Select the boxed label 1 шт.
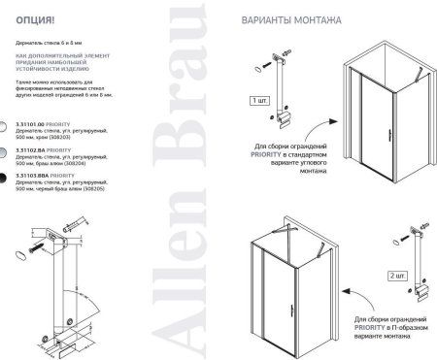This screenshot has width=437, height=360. [x=258, y=99]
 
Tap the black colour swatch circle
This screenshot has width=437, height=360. [x=7, y=178]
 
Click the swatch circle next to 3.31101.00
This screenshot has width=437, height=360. [x=7, y=126]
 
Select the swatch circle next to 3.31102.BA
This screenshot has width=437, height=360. [x=7, y=152]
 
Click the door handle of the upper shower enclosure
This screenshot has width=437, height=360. [x=364, y=132]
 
